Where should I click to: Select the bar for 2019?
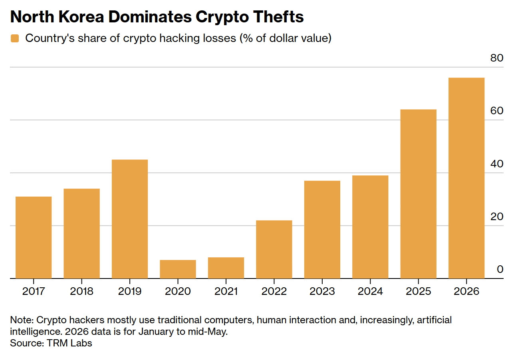tap(130, 219)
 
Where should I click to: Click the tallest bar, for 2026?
tap(466, 178)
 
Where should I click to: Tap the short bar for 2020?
tap(178, 269)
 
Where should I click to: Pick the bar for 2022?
tap(274, 249)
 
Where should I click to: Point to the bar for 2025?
tap(419, 194)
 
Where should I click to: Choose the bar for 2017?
tap(34, 237)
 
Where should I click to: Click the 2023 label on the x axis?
tap(322, 291)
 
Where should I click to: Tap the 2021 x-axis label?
tap(226, 291)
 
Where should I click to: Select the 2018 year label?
tap(81, 291)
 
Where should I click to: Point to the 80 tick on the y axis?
tap(497, 58)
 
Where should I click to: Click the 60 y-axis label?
tap(497, 111)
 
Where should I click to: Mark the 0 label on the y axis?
tap(500, 269)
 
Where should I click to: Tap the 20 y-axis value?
tap(497, 217)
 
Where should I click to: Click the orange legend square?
tap(15, 38)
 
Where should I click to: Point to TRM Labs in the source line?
tap(69, 343)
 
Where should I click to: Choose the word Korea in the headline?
tap(81, 17)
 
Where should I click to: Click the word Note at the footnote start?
tap(22, 320)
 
